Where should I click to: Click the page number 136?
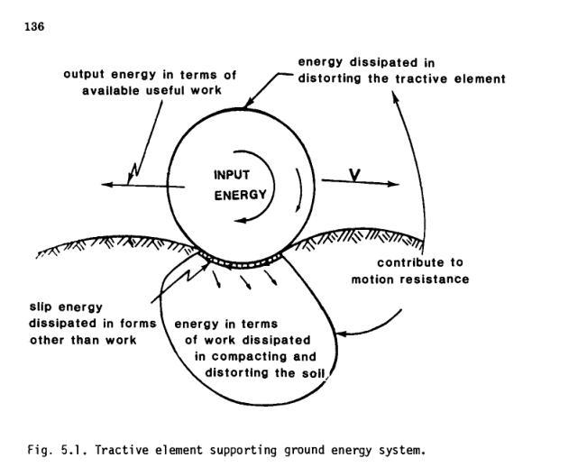click(x=33, y=26)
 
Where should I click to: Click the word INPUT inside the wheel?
click(x=231, y=174)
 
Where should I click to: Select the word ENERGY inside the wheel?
click(x=240, y=194)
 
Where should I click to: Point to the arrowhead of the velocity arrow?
click(x=393, y=184)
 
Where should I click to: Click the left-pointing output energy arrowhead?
click(x=105, y=185)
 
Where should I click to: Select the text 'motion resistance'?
click(x=410, y=279)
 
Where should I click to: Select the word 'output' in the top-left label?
click(x=84, y=73)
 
